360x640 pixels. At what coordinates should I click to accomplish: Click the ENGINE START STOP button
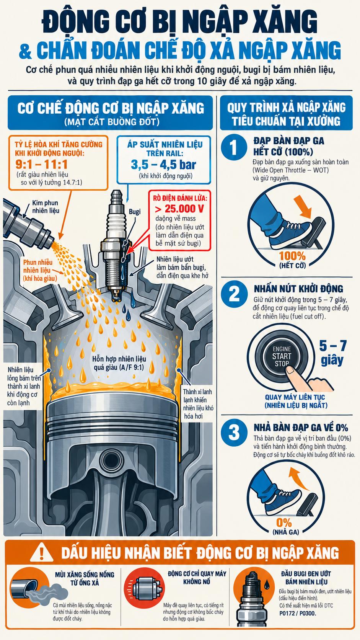click(x=281, y=356)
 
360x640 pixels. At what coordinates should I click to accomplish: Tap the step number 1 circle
click(x=234, y=147)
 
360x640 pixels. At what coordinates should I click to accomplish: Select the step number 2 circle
click(x=235, y=294)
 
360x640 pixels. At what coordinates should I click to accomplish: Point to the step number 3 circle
click(x=235, y=432)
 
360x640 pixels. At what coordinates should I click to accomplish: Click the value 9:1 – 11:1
click(x=41, y=164)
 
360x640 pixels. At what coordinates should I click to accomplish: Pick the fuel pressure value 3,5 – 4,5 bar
click(x=164, y=164)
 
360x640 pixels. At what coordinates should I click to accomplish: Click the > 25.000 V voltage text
click(x=179, y=209)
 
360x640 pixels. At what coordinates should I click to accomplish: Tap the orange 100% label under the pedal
click(x=292, y=256)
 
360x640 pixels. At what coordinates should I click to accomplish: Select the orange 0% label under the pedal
click(x=284, y=523)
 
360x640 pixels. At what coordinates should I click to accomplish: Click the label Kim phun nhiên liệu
click(x=46, y=207)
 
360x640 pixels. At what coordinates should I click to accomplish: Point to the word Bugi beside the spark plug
click(x=134, y=212)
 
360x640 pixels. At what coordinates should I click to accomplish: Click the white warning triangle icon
click(x=42, y=553)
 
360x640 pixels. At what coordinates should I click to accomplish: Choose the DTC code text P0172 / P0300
click(x=298, y=613)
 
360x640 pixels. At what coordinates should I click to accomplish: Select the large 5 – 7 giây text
click(x=333, y=353)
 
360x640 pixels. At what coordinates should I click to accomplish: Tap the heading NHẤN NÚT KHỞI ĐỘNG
click(x=299, y=289)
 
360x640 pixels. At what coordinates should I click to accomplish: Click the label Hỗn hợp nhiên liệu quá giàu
click(x=119, y=363)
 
